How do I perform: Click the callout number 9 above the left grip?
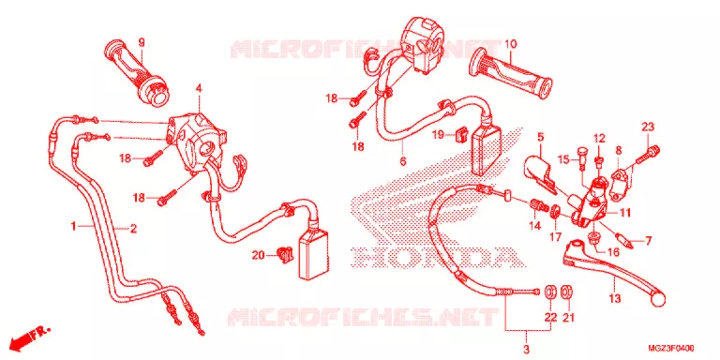tap(142, 43)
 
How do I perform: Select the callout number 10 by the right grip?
tap(511, 45)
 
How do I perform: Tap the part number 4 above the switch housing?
tap(199, 88)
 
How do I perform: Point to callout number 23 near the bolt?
tap(648, 127)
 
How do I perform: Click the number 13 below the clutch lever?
tap(615, 298)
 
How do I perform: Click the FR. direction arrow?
tap(29, 337)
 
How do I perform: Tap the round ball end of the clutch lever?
tap(658, 300)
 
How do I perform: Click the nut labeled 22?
tap(550, 292)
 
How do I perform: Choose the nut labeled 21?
tap(567, 292)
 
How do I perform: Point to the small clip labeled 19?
tap(460, 134)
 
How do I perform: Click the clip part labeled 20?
tap(285, 255)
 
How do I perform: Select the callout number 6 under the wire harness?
tap(403, 160)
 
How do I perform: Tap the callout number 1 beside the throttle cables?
tap(73, 226)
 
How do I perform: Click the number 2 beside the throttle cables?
tap(133, 228)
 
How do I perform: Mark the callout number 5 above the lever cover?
tap(540, 137)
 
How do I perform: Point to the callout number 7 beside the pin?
tap(648, 240)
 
